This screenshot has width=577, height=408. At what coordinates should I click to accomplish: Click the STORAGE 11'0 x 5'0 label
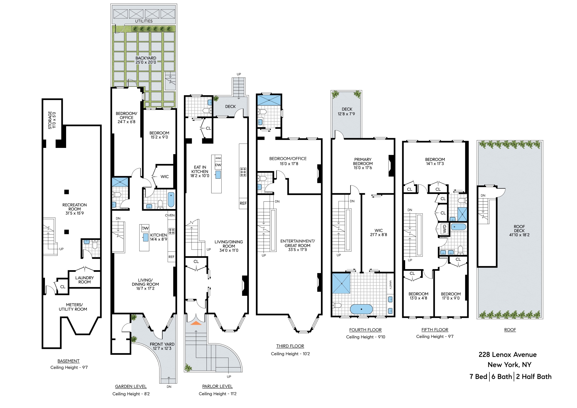tap(52, 120)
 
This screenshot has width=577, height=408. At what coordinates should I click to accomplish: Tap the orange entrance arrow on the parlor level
tap(196, 323)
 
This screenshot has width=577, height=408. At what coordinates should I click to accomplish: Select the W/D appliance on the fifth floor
tap(444, 229)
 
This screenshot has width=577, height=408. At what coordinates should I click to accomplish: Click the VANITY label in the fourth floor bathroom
tap(390, 285)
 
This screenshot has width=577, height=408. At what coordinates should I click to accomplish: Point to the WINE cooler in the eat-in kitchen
tap(218, 158)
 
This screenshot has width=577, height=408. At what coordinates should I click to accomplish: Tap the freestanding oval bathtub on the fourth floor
tap(361, 309)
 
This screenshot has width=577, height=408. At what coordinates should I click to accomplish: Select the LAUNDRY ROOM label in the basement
tap(84, 280)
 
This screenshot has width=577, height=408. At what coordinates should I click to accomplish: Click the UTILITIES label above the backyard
tap(144, 21)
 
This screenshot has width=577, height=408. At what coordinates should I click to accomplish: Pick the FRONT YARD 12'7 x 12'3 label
tap(162, 346)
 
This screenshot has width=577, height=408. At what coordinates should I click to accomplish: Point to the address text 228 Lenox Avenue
tap(507, 355)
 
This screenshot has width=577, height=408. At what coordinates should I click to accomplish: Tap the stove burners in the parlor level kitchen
tap(243, 172)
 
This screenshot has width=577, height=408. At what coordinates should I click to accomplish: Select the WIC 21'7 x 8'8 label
tap(378, 233)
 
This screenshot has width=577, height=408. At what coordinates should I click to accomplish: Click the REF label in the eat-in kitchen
tap(243, 203)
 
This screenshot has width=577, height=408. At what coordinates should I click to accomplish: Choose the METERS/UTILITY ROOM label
tap(73, 307)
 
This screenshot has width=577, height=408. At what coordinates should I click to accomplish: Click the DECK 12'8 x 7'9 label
tap(347, 111)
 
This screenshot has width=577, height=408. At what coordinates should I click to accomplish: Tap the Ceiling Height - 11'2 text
tap(217, 394)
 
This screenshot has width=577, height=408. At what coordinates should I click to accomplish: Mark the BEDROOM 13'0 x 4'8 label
tap(418, 296)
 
